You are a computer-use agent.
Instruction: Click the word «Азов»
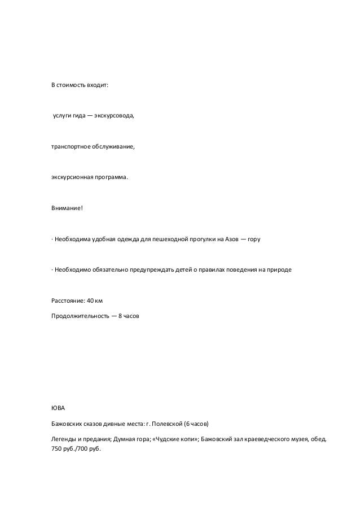(232, 239)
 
